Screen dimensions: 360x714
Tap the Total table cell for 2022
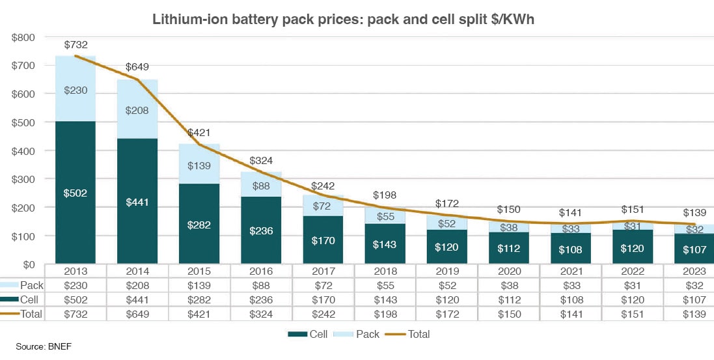631,314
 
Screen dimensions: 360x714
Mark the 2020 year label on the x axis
508,271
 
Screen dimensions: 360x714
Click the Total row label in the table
31,314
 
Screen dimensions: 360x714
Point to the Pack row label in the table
31,285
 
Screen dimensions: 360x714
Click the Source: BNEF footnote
43,347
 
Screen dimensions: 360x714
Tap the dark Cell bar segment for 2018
384,244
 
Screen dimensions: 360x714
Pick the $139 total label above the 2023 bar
693,214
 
